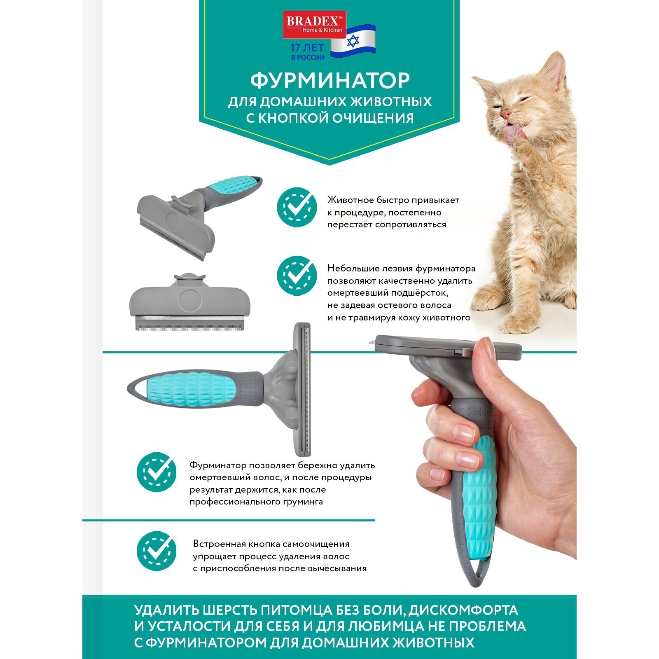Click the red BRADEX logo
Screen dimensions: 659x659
click(314, 25)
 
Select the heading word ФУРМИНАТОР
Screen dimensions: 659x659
click(330, 80)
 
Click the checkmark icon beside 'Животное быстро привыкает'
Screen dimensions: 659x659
click(297, 207)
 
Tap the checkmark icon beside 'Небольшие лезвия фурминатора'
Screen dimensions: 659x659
click(297, 276)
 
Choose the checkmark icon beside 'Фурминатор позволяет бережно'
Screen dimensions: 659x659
click(157, 472)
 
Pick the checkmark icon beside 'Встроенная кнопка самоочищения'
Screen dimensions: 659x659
click(157, 551)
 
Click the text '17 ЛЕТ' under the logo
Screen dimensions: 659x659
click(307, 48)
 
